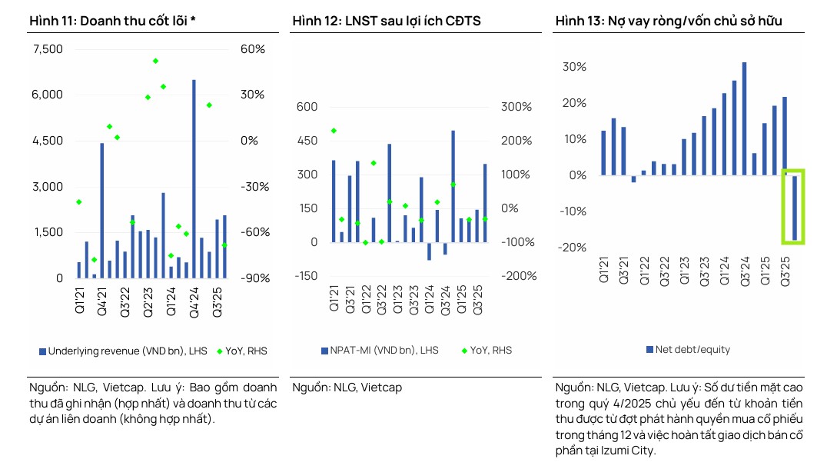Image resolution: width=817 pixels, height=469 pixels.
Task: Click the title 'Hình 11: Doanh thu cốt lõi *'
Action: tap(112, 21)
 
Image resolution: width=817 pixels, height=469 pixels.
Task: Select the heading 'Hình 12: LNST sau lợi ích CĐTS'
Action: tap(386, 21)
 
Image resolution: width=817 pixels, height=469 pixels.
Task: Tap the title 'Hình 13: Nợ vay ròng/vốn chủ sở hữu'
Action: tap(668, 21)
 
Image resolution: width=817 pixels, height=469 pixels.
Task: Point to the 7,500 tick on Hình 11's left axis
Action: tap(48, 49)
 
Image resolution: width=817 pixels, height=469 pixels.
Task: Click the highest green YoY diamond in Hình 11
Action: tap(155, 61)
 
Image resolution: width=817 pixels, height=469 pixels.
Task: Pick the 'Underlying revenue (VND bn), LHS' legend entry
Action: tap(123, 351)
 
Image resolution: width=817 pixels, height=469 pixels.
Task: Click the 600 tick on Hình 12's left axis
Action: tap(307, 107)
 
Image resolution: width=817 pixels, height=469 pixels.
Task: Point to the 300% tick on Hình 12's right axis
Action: tap(516, 107)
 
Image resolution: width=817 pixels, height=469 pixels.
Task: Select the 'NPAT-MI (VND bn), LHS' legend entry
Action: tap(380, 351)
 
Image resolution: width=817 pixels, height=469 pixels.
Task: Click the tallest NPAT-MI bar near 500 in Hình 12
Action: tap(453, 186)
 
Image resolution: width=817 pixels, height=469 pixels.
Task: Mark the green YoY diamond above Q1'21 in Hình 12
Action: tap(334, 131)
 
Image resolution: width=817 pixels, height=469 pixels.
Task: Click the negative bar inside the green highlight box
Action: tap(795, 208)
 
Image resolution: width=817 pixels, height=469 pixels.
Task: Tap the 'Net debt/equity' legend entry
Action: tap(687, 350)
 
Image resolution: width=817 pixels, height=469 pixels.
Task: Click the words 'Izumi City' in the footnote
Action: tap(627, 451)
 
